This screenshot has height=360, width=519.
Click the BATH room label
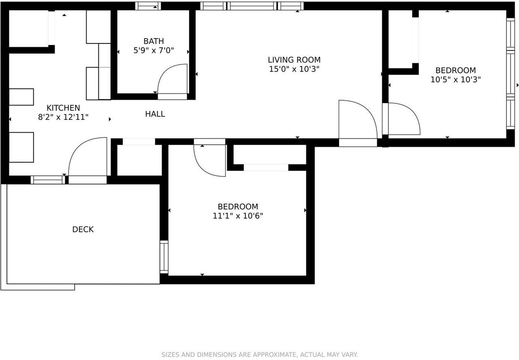[x=154, y=41]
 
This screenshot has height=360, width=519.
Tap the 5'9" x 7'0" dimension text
[x=154, y=50]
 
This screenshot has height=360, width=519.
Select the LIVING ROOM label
[x=294, y=60]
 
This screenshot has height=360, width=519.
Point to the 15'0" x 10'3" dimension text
[x=294, y=69]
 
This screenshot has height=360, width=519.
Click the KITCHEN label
[x=63, y=108]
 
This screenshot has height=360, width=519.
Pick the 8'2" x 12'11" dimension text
[x=63, y=117]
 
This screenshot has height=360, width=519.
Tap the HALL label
[x=155, y=114]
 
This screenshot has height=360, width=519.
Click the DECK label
[x=83, y=229]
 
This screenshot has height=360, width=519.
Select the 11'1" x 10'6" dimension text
[x=238, y=216]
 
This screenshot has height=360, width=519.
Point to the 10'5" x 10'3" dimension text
[x=455, y=80]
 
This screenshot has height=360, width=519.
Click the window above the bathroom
[x=148, y=6]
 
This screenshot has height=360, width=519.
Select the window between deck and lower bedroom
[x=164, y=257]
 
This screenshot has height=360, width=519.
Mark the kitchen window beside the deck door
[x=48, y=180]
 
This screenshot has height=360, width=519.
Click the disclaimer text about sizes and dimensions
[x=259, y=355]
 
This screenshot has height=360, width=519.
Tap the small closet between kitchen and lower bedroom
[x=139, y=160]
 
